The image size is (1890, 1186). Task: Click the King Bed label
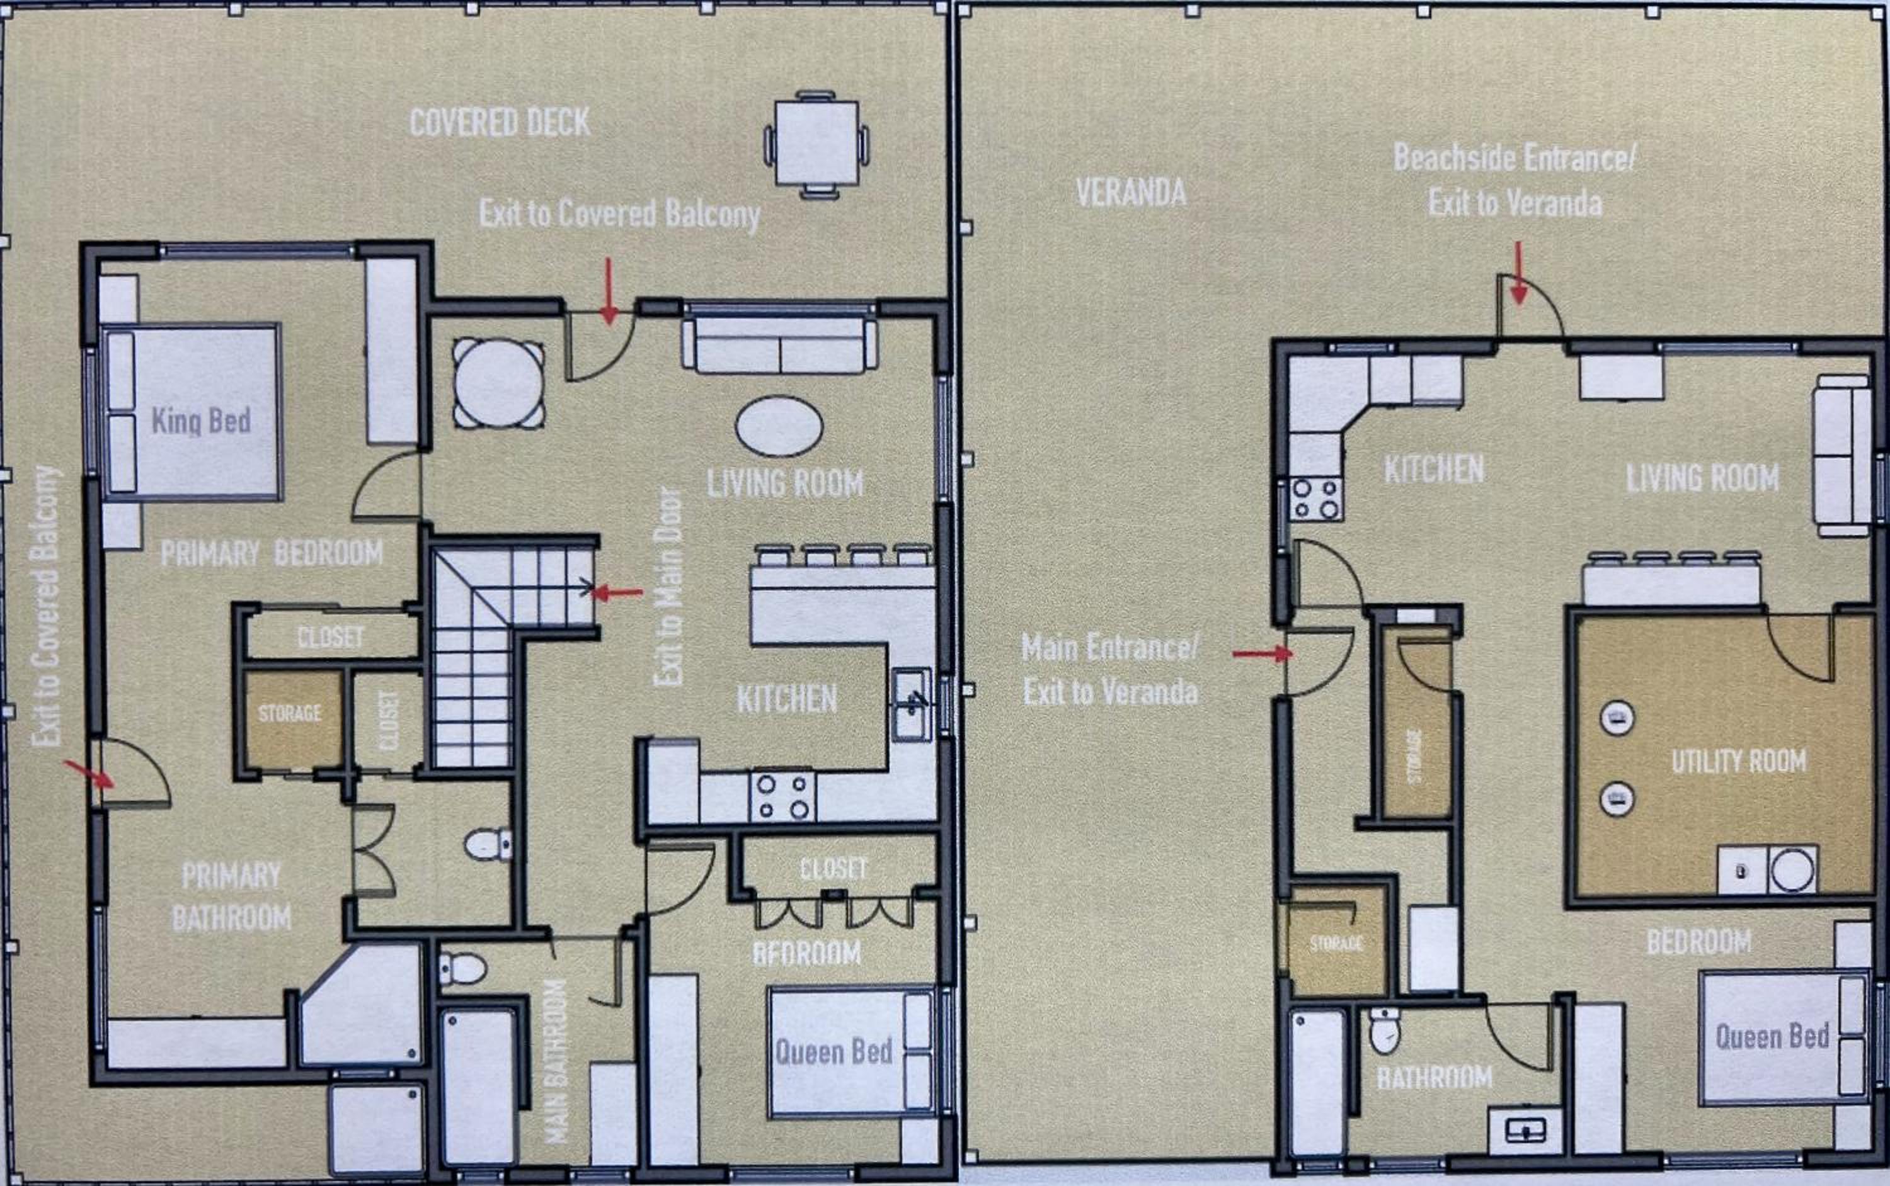201,421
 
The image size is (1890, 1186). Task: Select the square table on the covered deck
816,144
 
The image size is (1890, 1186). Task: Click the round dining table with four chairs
498,383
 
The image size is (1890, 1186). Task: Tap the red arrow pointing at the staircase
616,592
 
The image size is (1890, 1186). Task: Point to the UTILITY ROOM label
1739,761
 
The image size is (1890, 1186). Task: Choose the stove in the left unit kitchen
782,796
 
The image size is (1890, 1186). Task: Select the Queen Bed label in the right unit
1772,1037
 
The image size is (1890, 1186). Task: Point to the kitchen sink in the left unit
912,704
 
